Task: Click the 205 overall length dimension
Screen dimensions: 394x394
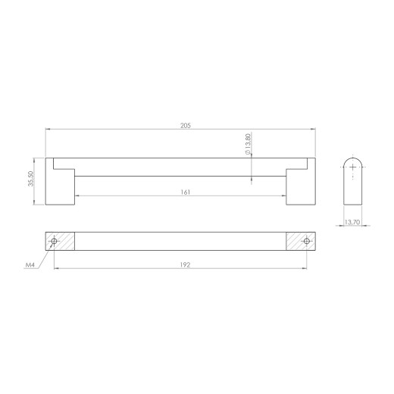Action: coord(186,126)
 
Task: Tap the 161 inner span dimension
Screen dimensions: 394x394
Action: coord(186,192)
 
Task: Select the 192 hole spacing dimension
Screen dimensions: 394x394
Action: coord(185,264)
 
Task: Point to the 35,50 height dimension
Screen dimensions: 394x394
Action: coord(30,179)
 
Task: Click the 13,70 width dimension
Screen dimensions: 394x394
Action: coord(352,222)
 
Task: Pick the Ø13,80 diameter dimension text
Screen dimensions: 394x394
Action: coord(248,144)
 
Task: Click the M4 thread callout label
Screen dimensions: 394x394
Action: coord(30,265)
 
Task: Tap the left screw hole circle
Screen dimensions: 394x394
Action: coord(54,241)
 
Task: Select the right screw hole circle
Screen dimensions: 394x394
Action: coord(307,241)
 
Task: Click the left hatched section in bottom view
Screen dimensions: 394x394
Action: coord(60,241)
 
